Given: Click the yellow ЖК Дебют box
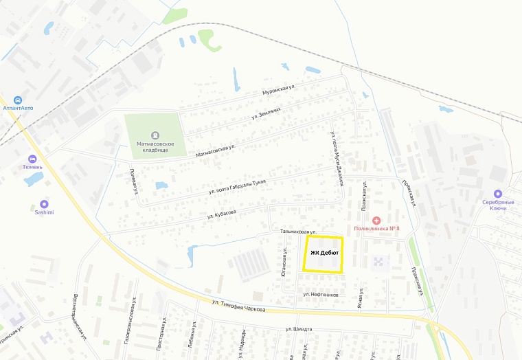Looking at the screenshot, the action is (323, 255).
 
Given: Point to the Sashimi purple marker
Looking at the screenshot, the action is (45, 204).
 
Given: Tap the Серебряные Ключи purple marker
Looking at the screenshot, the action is (498, 194).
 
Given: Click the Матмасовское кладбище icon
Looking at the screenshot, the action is (155, 134).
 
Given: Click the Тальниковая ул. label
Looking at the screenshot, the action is (297, 232).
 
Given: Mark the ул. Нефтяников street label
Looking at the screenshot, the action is (321, 295).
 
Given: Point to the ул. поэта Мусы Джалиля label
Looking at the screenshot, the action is (337, 159).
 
